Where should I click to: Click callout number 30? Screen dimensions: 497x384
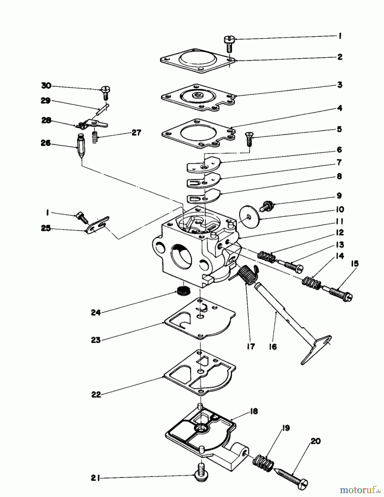point(46,86)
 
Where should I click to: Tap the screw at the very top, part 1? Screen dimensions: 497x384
point(229,44)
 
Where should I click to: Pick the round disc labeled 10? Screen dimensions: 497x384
point(249,217)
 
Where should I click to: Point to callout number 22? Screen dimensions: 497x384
point(96,395)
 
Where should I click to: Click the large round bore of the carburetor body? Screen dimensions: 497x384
point(182,254)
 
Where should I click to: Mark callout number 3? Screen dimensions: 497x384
point(340,85)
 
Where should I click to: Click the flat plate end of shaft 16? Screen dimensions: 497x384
point(317,348)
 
